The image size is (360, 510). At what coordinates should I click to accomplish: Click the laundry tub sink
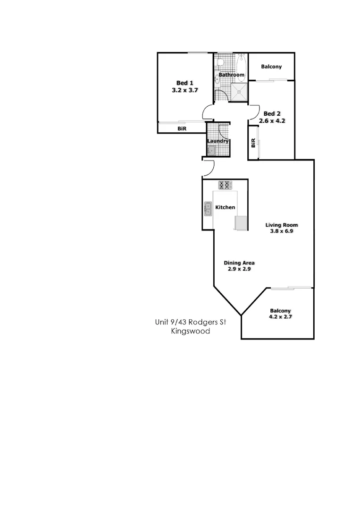tap(211, 151)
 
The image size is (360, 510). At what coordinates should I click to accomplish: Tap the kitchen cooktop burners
tap(225, 185)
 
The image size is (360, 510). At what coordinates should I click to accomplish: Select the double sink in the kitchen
tap(208, 209)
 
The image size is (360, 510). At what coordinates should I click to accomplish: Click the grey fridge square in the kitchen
tap(241, 222)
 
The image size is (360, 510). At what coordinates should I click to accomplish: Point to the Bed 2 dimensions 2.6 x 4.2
tap(272, 120)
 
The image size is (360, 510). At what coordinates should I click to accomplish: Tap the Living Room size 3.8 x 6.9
tap(282, 231)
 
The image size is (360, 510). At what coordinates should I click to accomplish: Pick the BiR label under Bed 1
tap(182, 128)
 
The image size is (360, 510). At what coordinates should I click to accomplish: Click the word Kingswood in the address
tap(191, 331)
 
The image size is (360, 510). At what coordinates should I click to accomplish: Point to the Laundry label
tap(218, 141)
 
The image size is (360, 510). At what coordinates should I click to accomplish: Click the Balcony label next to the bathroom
tap(271, 67)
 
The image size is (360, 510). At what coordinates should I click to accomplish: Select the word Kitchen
tap(225, 207)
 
